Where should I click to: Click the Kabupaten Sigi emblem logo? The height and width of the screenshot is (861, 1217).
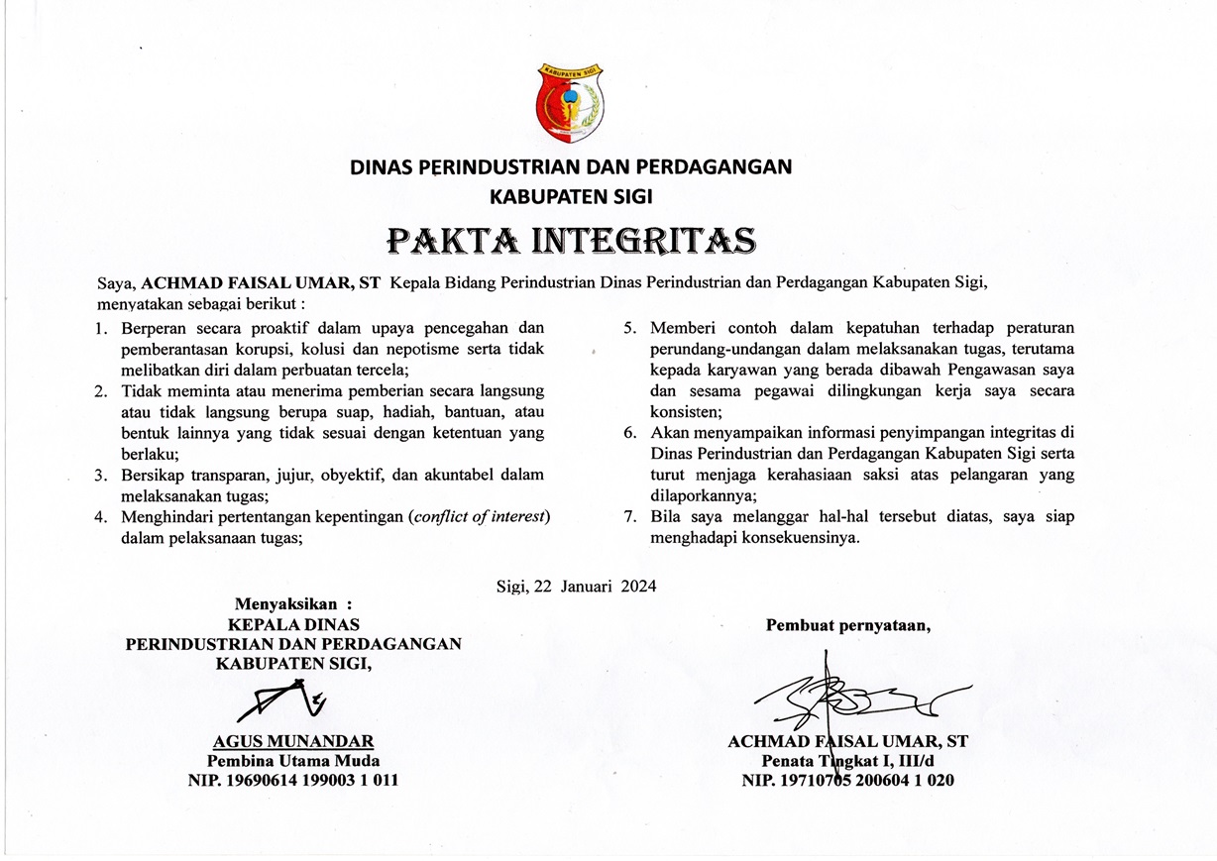571,102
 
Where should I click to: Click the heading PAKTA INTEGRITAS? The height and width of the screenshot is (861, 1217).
572,240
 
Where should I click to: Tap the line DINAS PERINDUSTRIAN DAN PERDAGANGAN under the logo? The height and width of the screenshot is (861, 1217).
571,166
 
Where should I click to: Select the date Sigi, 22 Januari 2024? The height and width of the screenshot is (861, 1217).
576,586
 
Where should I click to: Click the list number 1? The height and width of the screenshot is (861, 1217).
101,328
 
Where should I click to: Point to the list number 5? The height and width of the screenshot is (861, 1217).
629,328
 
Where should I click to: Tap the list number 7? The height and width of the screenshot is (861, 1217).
629,517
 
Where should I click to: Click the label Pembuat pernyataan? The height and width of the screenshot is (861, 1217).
847,624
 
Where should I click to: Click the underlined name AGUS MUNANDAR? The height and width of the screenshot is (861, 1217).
293,741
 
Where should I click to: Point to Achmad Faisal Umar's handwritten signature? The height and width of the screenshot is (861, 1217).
852,697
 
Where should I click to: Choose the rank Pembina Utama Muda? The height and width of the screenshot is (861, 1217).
293,761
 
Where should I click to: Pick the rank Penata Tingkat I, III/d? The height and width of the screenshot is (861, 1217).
847,761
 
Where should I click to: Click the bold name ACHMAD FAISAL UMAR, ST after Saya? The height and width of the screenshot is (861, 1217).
261,283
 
